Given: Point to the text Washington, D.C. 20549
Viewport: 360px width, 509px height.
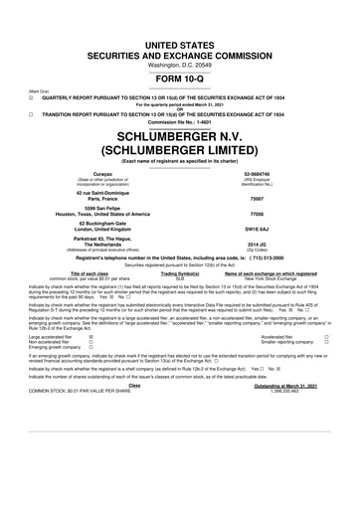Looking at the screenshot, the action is [180, 38].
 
